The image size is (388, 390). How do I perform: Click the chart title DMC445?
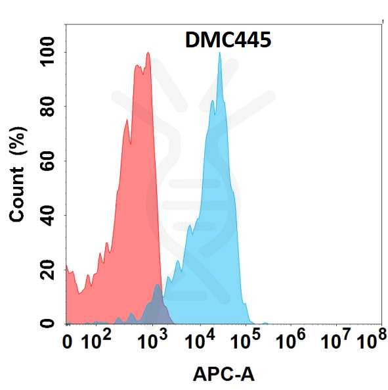click(223, 40)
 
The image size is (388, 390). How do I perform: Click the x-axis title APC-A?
click(223, 374)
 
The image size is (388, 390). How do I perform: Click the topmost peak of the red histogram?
click(148, 54)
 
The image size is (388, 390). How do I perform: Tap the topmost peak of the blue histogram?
click(219, 53)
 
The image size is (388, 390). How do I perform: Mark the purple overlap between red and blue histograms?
click(156, 304)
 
